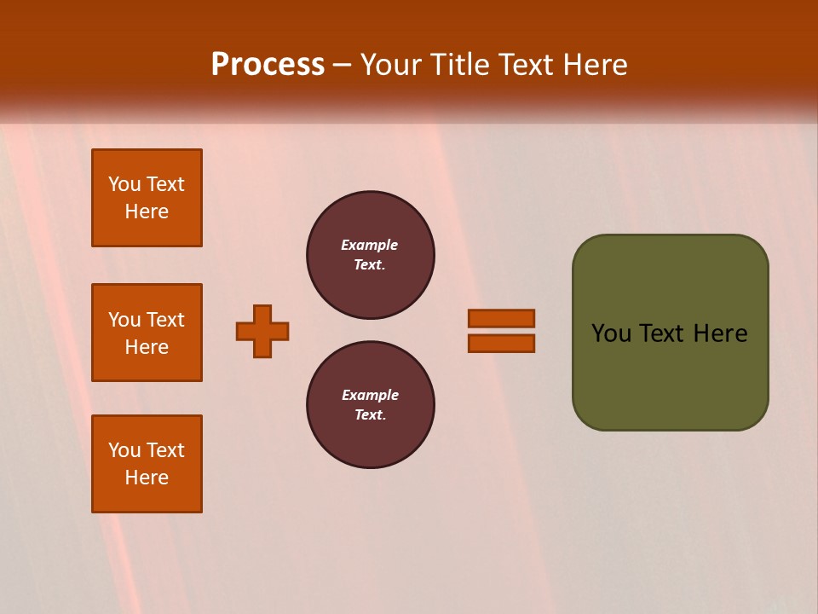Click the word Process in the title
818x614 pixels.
click(268, 65)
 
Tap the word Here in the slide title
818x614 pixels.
click(594, 65)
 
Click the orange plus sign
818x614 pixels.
click(262, 331)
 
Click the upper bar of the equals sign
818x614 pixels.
click(501, 318)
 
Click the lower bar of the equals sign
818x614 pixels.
click(501, 344)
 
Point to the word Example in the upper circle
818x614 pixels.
click(370, 245)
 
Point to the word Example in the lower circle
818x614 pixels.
click(370, 395)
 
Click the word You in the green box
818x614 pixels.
click(610, 333)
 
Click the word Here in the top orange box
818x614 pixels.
click(147, 211)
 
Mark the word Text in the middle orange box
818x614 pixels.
click(165, 320)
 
